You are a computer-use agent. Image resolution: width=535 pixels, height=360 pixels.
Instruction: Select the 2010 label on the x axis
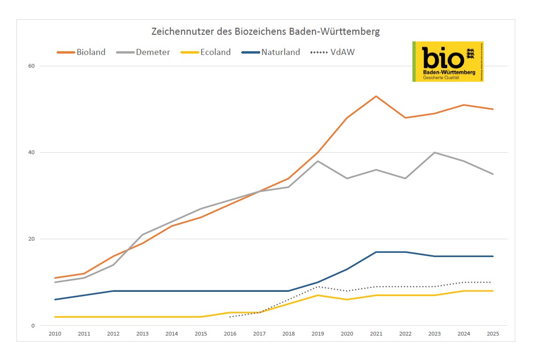55,334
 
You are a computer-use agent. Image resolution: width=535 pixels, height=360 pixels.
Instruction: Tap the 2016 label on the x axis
230,334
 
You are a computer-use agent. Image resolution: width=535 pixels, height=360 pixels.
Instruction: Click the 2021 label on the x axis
376,334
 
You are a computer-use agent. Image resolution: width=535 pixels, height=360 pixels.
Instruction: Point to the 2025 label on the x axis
493,334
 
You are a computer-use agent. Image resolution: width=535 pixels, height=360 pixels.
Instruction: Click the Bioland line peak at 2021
376,96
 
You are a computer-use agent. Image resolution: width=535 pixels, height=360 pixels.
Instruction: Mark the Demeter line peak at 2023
434,152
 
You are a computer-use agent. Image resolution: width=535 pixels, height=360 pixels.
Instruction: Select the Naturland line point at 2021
376,252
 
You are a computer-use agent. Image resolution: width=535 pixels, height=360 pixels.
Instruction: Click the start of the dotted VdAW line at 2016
230,317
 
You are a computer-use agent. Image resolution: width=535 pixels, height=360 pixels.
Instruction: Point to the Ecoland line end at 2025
493,291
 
